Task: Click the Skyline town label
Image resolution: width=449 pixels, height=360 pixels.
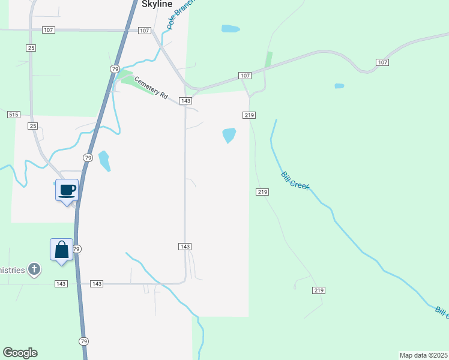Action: click(157, 4)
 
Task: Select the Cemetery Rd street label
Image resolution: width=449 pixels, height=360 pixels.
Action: click(151, 88)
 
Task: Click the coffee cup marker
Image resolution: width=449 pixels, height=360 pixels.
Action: click(67, 190)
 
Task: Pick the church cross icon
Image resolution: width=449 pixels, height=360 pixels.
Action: click(34, 269)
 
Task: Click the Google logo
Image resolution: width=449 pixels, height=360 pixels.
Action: click(20, 353)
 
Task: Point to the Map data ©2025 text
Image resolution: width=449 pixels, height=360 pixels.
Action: click(424, 355)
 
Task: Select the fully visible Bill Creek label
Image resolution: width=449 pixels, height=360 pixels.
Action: click(295, 181)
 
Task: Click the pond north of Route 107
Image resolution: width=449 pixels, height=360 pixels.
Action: click(231, 29)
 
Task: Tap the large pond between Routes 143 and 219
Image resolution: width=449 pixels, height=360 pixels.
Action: click(229, 135)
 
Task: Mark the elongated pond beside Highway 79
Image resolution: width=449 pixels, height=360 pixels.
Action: click(104, 161)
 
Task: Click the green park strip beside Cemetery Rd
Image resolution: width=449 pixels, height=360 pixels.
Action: click(127, 77)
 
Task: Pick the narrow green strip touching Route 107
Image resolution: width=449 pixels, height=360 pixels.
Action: click(268, 60)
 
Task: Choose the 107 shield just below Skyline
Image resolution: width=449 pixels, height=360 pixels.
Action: click(144, 30)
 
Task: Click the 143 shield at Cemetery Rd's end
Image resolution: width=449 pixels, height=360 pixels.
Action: click(185, 101)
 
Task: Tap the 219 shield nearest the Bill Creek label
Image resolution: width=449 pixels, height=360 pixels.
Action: click(262, 191)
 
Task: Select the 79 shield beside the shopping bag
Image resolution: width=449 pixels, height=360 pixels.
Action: click(76, 248)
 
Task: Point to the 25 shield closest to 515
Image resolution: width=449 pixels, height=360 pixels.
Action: click(32, 126)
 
